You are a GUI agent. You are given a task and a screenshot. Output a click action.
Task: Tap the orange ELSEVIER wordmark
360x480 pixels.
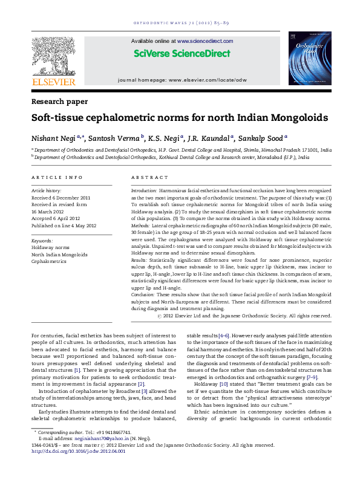click(53, 82)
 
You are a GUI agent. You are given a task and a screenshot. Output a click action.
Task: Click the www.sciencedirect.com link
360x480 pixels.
click(205, 41)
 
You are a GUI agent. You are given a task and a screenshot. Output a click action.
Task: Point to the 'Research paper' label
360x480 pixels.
click(59, 102)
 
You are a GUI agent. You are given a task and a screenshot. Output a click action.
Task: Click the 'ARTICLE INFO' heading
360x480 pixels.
click(57, 177)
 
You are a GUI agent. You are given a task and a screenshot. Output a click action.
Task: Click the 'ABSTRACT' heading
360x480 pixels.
click(149, 177)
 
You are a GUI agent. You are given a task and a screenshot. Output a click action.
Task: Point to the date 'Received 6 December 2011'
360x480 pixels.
click(61, 198)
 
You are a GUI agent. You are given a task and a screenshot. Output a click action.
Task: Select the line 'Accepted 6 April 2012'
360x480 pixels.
click(56, 218)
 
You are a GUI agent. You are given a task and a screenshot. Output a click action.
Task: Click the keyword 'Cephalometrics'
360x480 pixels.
click(49, 262)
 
